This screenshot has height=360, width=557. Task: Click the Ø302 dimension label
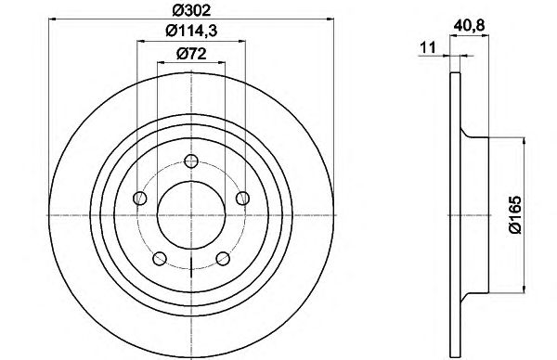point(191,10)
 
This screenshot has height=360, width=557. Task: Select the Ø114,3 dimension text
point(191,32)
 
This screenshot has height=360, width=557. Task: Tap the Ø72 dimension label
point(191,54)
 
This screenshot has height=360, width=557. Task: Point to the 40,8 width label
point(469,26)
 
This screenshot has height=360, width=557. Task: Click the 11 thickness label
point(428,47)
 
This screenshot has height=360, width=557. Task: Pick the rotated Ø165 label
point(514,214)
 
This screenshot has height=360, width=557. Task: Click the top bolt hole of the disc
point(191,161)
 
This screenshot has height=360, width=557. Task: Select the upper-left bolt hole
point(139,199)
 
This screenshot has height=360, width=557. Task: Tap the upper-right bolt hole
point(243,199)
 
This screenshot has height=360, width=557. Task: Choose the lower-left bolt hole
point(160,259)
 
